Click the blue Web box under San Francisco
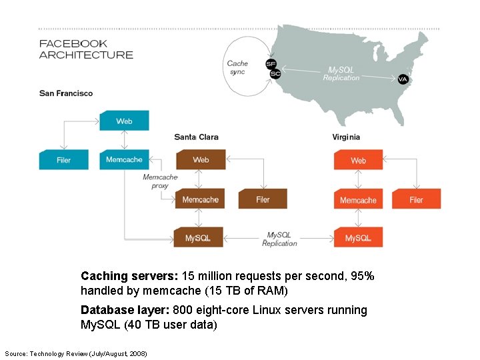click(124, 121)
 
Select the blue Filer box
click(63, 160)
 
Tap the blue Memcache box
click(124, 160)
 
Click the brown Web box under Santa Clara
click(201, 160)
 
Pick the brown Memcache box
click(200, 199)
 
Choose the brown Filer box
click(263, 199)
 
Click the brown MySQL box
click(198, 238)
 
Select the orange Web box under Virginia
click(358, 161)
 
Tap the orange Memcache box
click(358, 200)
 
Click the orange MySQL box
click(358, 238)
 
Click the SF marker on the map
click(271, 64)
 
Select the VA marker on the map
click(403, 79)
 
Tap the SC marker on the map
click(275, 73)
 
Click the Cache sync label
click(237, 68)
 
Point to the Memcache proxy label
click(160, 181)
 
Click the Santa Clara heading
click(196, 137)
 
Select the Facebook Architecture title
click(86, 49)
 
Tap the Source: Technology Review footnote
click(75, 353)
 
